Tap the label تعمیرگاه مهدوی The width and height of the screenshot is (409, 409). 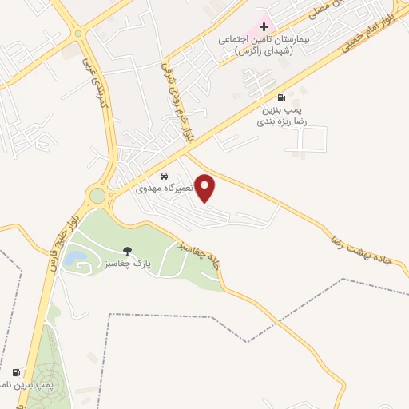(x=165, y=189)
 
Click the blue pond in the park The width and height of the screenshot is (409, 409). (x=77, y=258)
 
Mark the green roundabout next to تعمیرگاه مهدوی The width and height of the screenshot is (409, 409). (x=97, y=195)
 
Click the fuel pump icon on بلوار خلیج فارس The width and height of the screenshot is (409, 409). (x=16, y=372)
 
